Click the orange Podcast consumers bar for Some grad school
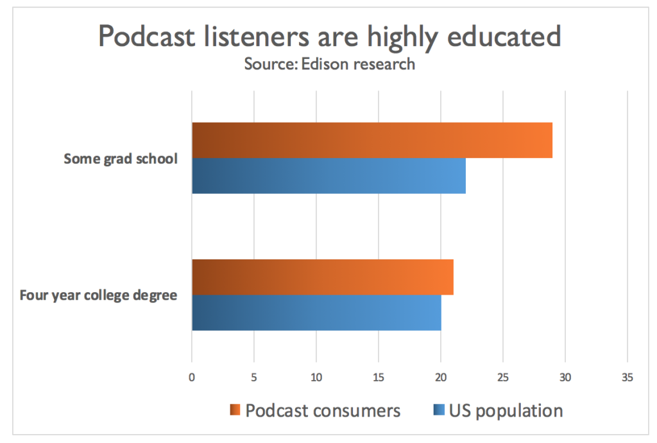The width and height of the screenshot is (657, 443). (372, 140)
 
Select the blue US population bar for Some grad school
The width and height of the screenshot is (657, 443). (328, 176)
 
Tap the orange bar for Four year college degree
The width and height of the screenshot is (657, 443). (323, 277)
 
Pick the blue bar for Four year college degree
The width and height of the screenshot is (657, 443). (316, 313)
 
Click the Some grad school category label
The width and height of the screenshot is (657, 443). (120, 159)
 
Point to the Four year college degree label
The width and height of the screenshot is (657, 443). (98, 295)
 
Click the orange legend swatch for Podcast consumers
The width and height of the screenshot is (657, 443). (235, 410)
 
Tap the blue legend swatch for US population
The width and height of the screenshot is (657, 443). (439, 410)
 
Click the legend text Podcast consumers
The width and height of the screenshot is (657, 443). (323, 410)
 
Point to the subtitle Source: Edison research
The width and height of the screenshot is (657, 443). (329, 64)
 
